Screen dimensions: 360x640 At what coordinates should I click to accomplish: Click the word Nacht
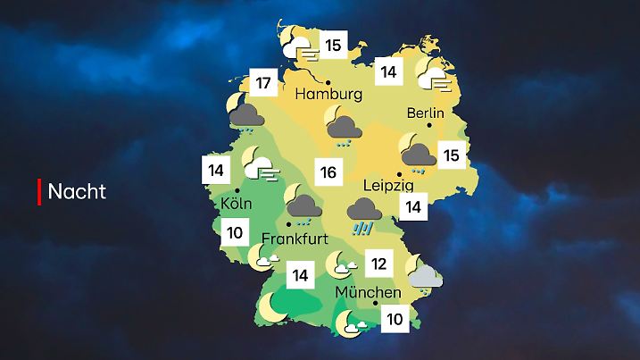click(x=77, y=191)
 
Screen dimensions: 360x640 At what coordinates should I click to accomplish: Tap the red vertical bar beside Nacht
click(x=39, y=191)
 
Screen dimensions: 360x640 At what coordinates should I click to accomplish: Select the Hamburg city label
click(x=328, y=94)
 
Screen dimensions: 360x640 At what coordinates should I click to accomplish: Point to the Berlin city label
click(x=425, y=113)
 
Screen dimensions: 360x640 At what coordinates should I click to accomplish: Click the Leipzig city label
click(x=387, y=186)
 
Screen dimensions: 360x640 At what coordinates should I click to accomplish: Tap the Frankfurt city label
click(x=295, y=239)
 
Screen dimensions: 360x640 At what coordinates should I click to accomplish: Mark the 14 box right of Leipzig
click(x=412, y=208)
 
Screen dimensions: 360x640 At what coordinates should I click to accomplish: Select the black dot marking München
click(x=375, y=305)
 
